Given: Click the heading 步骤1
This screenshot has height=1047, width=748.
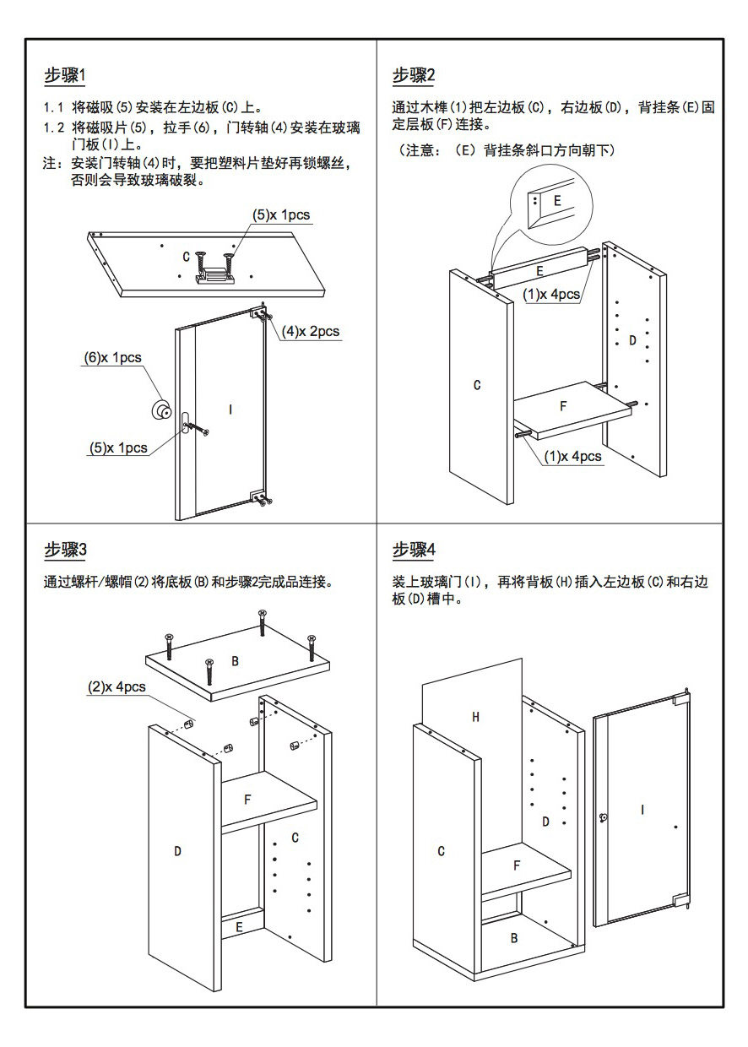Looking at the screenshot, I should tap(65, 75).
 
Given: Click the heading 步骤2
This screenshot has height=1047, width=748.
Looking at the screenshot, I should tap(414, 75).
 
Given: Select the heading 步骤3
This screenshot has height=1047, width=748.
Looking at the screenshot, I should tap(65, 551).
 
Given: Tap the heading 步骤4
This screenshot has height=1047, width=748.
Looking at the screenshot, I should tap(414, 551).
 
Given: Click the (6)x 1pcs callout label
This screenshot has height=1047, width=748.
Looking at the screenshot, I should tap(112, 358).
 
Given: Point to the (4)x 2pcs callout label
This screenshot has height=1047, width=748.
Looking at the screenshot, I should tap(311, 331).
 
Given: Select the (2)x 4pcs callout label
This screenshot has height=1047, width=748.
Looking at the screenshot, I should tap(117, 687).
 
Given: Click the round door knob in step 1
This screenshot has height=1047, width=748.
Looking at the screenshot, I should tap(158, 409).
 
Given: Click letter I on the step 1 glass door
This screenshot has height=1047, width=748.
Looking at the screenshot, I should tap(230, 410).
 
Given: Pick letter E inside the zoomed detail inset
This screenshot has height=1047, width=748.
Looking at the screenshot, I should tap(557, 201).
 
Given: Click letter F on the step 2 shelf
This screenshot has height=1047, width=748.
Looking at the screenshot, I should tap(563, 406).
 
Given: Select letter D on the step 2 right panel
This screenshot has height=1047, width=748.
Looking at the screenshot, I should tap(632, 341).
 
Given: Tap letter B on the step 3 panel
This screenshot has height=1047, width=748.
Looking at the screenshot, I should tap(236, 661).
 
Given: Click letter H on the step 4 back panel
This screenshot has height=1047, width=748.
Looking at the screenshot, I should tap(475, 717).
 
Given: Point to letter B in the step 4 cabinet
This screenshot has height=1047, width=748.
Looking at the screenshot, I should tap(514, 937).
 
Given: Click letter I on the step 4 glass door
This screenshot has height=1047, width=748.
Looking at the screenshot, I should tap(642, 810).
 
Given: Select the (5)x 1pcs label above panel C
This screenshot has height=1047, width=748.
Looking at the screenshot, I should tap(281, 214).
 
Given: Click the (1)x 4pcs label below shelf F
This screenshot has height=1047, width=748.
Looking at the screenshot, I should tap(572, 457).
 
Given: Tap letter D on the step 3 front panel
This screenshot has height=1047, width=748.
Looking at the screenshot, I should tap(177, 851).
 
